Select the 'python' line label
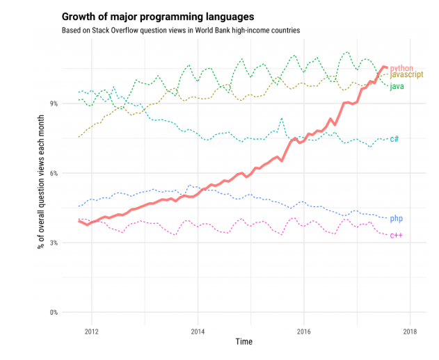pos(401,68)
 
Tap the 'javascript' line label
pos(406,75)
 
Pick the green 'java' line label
pos(397,86)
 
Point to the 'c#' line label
pos(394,139)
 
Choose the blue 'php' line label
pos(396,219)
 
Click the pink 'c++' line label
pos(396,235)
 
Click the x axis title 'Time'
pos(244,342)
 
